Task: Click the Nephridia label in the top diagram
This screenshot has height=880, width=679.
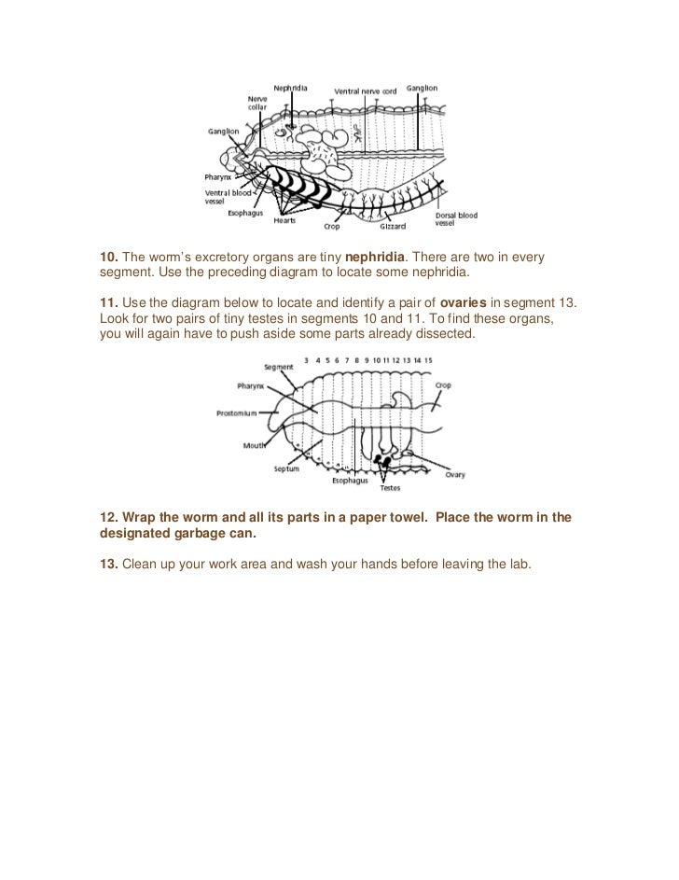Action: pyautogui.click(x=290, y=88)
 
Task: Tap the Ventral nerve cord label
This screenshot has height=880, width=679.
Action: pyautogui.click(x=366, y=91)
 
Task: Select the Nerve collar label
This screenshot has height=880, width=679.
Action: pyautogui.click(x=257, y=103)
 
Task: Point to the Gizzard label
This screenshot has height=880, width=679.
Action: pyautogui.click(x=393, y=226)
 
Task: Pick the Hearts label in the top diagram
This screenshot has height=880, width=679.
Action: pyautogui.click(x=284, y=221)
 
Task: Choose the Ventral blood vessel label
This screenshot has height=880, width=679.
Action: pyautogui.click(x=228, y=197)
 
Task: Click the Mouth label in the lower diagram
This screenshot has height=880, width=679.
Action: pyautogui.click(x=254, y=446)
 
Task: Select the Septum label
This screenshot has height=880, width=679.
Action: pyautogui.click(x=286, y=468)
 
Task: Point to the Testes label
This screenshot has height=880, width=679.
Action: pyautogui.click(x=391, y=487)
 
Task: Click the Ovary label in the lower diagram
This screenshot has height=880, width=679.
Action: pyautogui.click(x=454, y=474)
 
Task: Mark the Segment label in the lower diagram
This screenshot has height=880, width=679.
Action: pyautogui.click(x=279, y=367)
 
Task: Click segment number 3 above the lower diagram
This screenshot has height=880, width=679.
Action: pyautogui.click(x=307, y=359)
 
